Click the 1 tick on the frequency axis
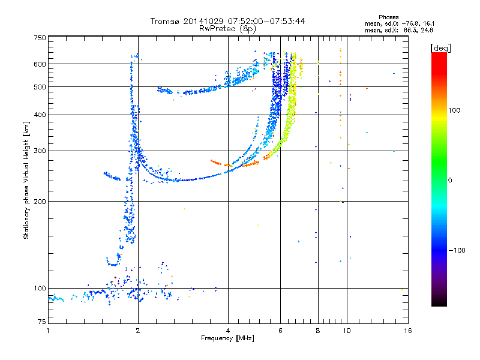(x=48, y=331)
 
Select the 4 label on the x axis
(x=228, y=331)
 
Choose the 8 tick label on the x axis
(x=318, y=331)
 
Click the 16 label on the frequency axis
(x=407, y=331)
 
